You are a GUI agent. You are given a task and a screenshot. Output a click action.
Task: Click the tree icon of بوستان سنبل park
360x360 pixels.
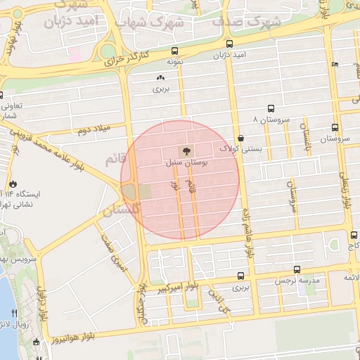(x=186, y=150)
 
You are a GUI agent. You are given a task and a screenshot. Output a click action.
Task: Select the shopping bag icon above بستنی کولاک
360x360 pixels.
(x=241, y=138)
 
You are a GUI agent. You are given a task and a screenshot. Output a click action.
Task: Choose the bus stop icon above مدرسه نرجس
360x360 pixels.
(x=297, y=269)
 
